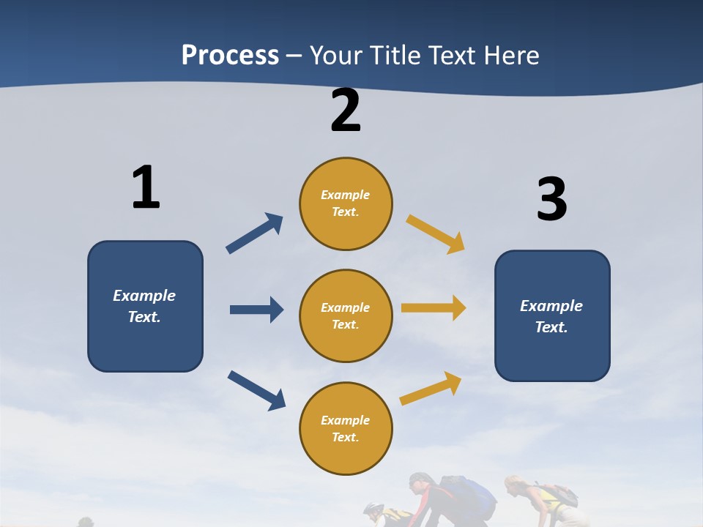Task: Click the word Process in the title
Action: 230,55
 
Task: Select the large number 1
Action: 145,187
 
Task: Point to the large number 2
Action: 346,111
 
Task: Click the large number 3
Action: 551,199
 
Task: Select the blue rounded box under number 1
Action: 145,306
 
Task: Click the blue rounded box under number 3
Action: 552,315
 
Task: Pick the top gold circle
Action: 346,203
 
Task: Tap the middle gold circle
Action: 346,315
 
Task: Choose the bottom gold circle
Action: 346,428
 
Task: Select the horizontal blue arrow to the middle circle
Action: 256,310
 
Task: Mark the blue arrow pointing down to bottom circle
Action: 257,390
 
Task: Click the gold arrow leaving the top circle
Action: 436,233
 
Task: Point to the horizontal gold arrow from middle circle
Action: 434,308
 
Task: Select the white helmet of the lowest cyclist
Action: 373,508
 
